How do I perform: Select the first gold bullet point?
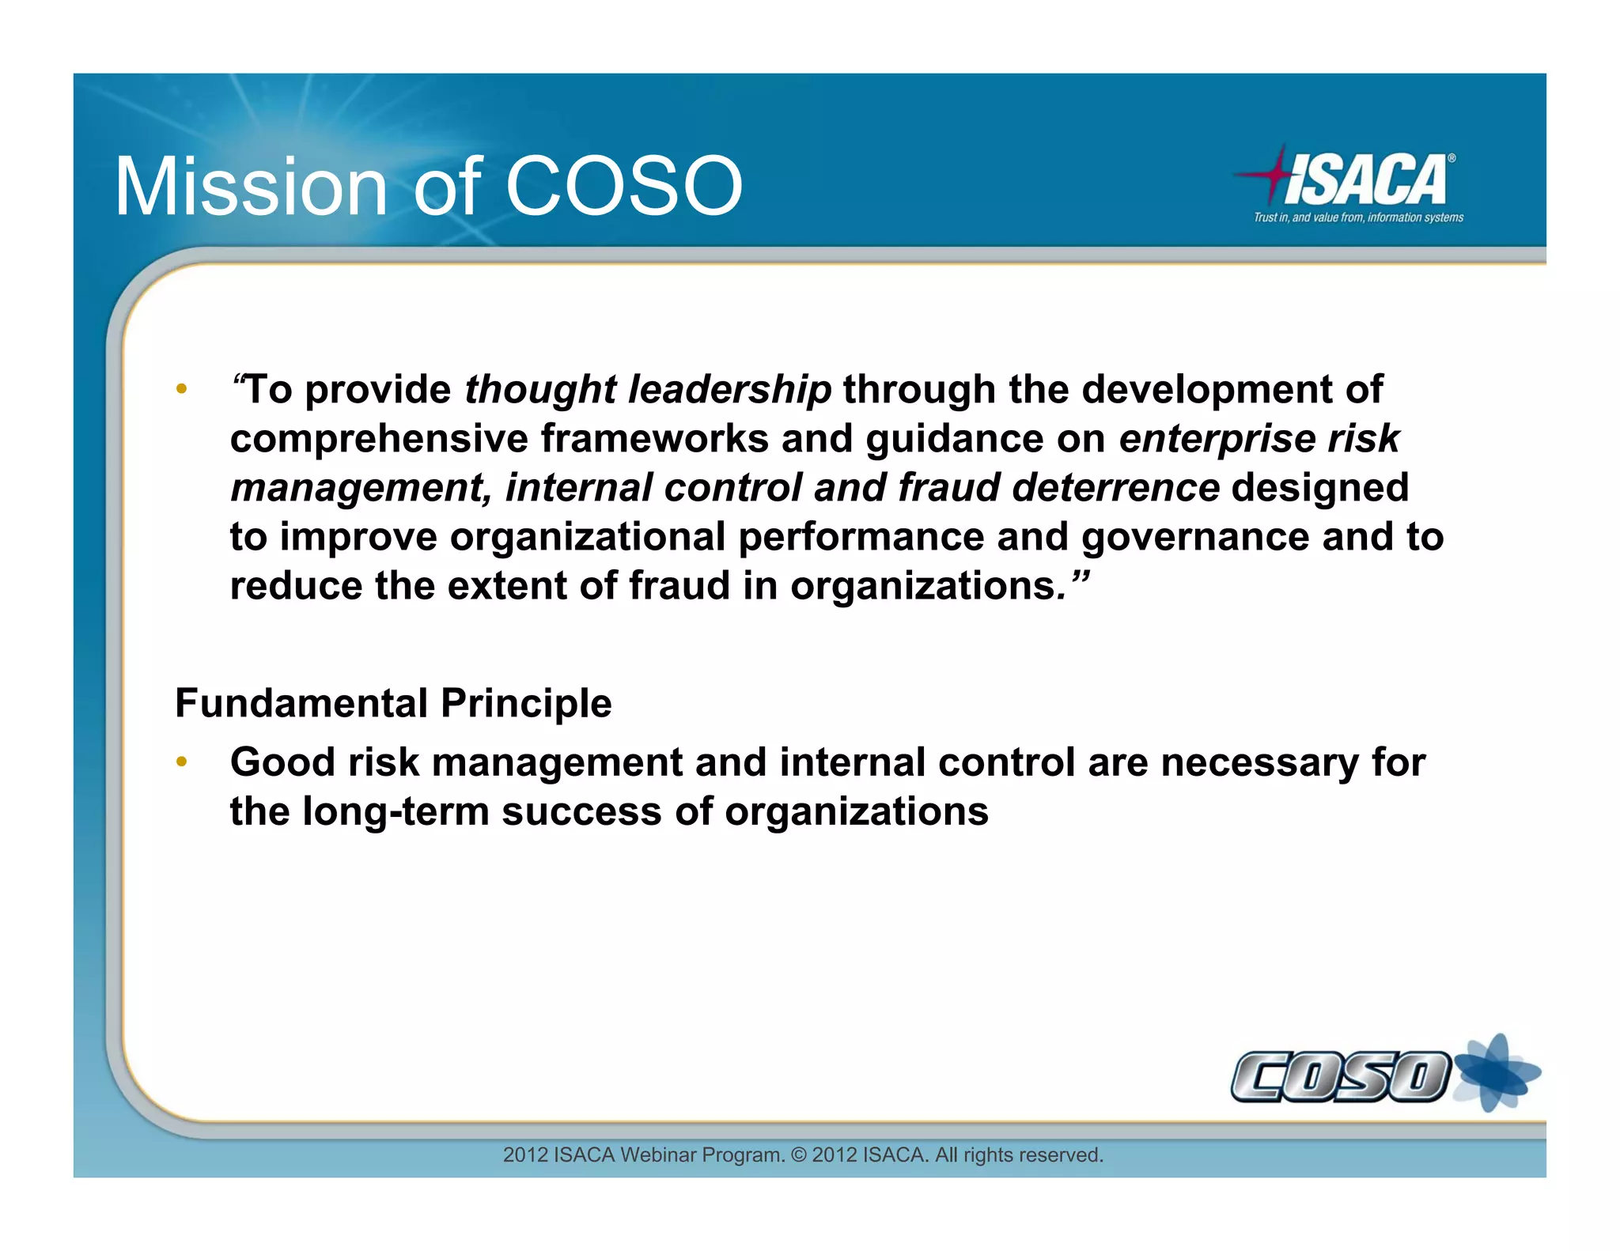pyautogui.click(x=182, y=388)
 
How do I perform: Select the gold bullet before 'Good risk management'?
pyautogui.click(x=182, y=762)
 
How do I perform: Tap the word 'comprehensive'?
pyautogui.click(x=379, y=439)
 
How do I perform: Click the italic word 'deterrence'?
pyautogui.click(x=1115, y=488)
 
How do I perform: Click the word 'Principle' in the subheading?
pyautogui.click(x=526, y=703)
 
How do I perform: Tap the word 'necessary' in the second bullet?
pyautogui.click(x=1259, y=763)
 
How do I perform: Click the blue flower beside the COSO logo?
pyautogui.click(x=1497, y=1073)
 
